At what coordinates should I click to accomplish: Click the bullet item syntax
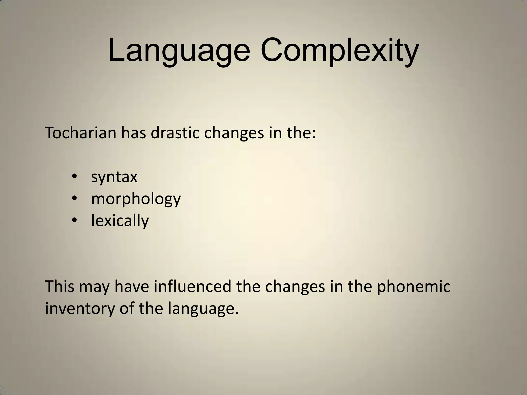coord(114,177)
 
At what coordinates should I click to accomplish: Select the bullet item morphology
coord(136,199)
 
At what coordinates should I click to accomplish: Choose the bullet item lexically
coord(120,221)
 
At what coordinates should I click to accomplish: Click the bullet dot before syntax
coord(75,177)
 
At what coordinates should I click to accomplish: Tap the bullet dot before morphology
coord(75,198)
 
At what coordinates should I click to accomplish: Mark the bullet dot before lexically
coord(75,220)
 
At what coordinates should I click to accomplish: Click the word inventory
coord(79,309)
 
